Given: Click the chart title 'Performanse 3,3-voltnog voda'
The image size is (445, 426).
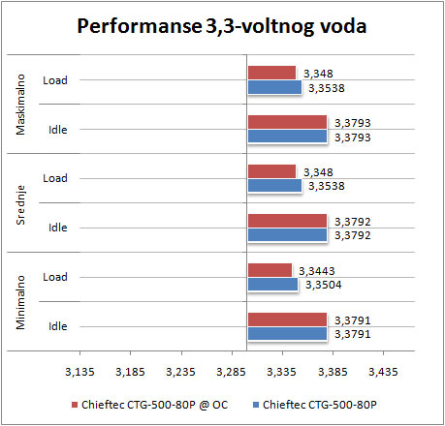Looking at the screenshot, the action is (222, 26).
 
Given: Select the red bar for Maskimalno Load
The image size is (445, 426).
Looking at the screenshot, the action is (271, 73).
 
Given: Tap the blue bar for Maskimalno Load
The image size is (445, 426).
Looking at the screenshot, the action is (274, 87).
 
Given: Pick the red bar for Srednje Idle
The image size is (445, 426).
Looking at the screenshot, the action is (287, 221).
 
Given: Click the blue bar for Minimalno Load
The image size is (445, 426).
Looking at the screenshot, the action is (272, 285).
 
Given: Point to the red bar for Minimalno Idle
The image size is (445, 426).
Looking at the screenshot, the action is (287, 319).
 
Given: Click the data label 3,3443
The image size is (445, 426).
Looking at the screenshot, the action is (317, 271).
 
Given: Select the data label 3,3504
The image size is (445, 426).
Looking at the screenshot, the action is (324, 285).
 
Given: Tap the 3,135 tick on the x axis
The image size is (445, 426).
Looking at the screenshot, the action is (79, 372).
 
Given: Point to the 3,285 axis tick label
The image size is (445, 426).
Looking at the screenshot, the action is (231, 372).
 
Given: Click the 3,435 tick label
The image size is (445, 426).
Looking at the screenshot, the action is (383, 372).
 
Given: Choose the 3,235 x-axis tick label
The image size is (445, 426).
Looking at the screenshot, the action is (180, 372).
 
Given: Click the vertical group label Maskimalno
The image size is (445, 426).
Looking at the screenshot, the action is (20, 105).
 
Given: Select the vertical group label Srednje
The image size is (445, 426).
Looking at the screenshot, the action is (20, 205).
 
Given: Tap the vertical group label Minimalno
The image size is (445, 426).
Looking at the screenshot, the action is (20, 302).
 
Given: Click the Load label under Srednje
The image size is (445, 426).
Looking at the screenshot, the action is (55, 178).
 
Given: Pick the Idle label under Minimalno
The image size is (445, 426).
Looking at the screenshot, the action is (58, 326).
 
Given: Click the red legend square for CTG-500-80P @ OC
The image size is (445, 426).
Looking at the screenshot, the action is (75, 405).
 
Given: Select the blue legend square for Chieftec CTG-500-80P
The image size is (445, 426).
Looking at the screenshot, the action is (256, 405).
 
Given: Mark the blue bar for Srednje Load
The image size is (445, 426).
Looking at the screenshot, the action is (274, 186).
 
